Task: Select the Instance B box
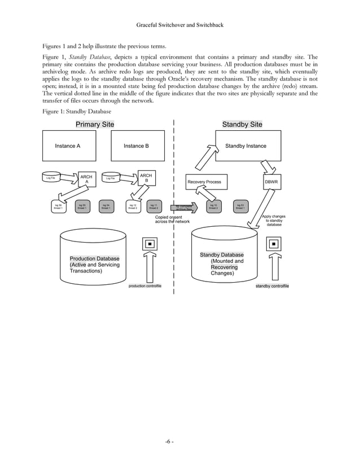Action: (138, 146)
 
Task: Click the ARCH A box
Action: (86, 179)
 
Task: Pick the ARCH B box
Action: (146, 178)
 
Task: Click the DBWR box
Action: (271, 182)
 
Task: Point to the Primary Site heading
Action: (95, 125)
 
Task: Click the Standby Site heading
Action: (242, 125)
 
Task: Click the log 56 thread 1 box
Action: (58, 207)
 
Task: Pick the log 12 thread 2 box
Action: (132, 207)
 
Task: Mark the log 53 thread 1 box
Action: (239, 207)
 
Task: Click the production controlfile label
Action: (144, 286)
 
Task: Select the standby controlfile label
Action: (273, 286)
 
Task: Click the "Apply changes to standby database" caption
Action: (274, 220)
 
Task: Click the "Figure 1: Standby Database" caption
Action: (73, 112)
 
